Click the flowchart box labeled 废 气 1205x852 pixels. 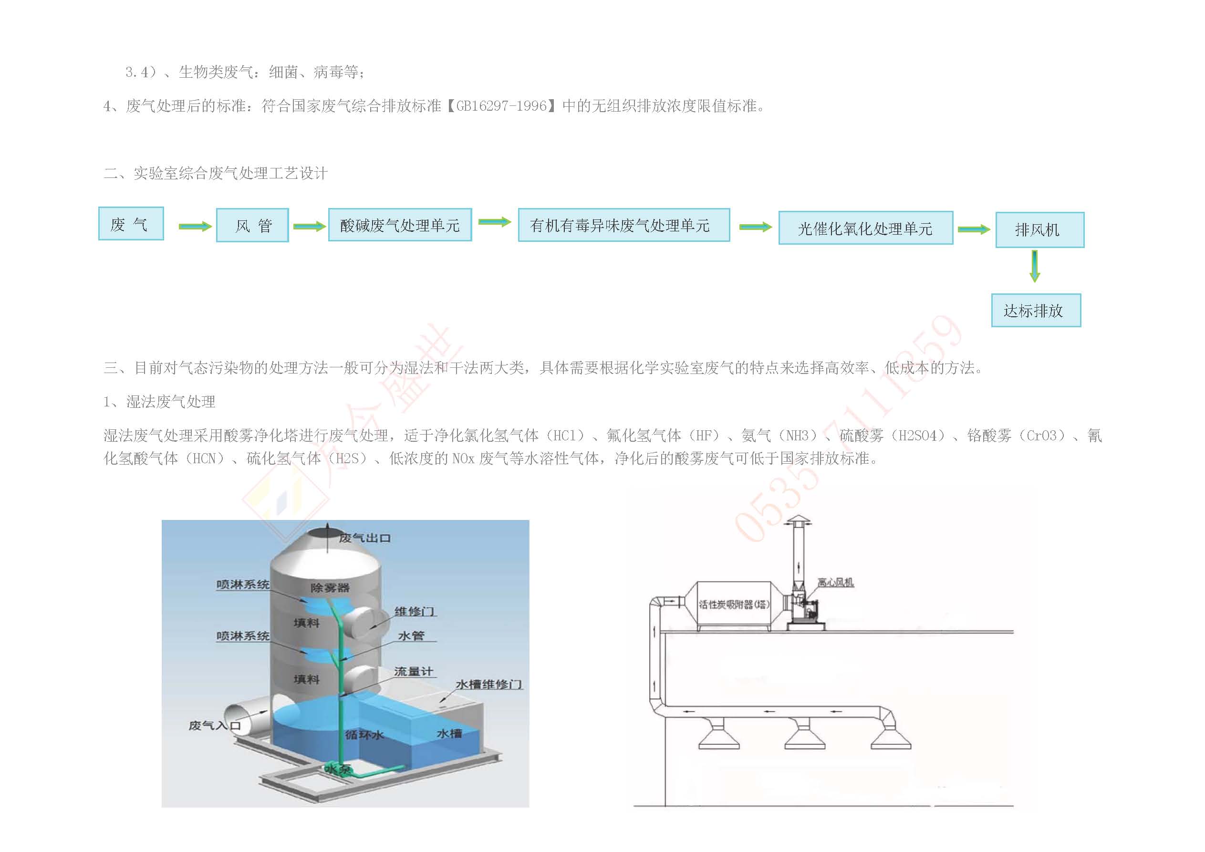pos(131,224)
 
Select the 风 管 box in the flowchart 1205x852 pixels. pos(252,225)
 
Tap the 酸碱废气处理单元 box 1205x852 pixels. pos(400,225)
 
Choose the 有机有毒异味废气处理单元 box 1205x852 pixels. pos(623,225)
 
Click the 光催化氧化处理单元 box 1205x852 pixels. pos(865,229)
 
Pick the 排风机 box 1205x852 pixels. pos(1039,230)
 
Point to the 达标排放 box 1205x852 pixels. pos(1036,311)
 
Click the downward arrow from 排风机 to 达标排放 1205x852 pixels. pos(1034,266)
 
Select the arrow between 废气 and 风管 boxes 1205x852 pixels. pos(195,226)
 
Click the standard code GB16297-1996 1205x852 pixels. pos(501,106)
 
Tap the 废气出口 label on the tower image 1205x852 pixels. pos(364,538)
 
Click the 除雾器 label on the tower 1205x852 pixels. pos(330,587)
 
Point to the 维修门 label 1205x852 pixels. pos(414,612)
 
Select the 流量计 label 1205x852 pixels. pos(413,671)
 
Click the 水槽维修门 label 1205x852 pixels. pos(488,685)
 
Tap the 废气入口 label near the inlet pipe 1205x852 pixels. pos(214,726)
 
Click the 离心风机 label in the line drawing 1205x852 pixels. pos(835,582)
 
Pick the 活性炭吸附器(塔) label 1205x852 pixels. pos(734,604)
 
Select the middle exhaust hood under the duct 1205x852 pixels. pos(805,736)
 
